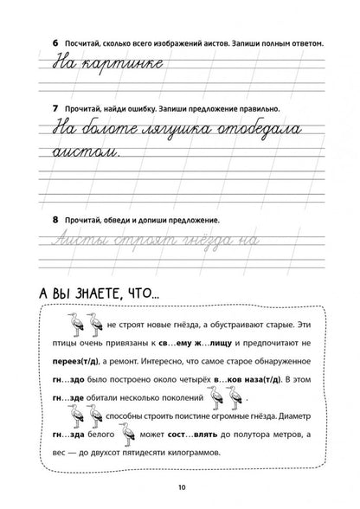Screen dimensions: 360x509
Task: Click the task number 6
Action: pyautogui.click(x=32, y=42)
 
